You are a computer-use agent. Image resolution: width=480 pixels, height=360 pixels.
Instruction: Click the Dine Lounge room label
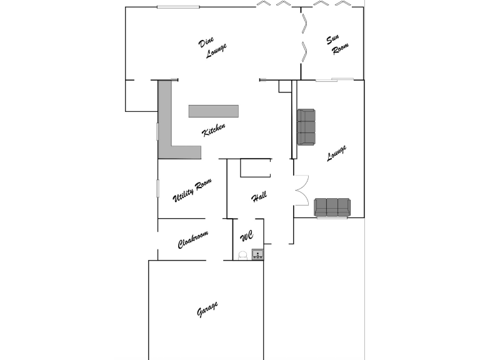(212, 47)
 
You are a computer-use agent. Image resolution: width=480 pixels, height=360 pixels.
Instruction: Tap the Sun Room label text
(337, 45)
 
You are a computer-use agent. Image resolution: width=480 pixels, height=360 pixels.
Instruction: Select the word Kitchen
(214, 129)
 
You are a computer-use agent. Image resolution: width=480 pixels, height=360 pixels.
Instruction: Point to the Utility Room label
(192, 190)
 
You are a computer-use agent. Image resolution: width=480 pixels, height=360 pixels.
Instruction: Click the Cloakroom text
(193, 239)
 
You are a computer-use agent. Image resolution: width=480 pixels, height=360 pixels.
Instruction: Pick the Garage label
(207, 309)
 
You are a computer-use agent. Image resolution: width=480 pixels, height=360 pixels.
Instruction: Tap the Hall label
(259, 196)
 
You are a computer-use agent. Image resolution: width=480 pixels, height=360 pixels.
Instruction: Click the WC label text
(247, 236)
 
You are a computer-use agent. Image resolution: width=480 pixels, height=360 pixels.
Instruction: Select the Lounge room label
(336, 152)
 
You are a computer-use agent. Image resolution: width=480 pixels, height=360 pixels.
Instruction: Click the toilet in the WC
(242, 256)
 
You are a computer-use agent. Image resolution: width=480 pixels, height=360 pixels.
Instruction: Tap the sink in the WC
(257, 254)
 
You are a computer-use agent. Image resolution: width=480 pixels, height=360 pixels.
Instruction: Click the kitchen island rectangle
(213, 111)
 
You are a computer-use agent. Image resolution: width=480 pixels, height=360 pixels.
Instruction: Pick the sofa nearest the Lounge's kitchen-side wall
(306, 127)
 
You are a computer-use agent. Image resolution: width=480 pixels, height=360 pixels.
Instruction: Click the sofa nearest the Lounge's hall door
(332, 207)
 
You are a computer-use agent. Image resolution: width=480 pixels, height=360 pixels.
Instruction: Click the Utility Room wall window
(158, 188)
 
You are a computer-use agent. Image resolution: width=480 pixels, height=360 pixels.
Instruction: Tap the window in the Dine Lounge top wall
(178, 7)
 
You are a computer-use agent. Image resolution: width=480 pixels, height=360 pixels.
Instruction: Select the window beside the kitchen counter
(157, 132)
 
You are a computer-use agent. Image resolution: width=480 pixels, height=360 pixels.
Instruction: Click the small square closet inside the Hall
(255, 167)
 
